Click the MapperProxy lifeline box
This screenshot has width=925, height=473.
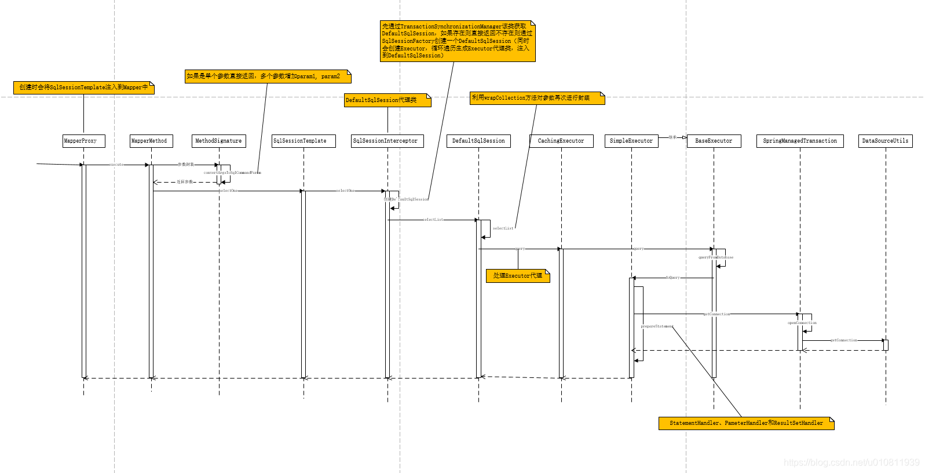click(x=83, y=141)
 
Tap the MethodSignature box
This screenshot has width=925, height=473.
click(x=219, y=141)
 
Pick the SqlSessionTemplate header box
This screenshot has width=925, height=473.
click(x=304, y=141)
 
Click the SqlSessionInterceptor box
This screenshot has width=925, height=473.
click(x=387, y=141)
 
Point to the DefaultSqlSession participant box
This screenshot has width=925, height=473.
click(x=478, y=141)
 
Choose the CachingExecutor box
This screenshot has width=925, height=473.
click(x=561, y=141)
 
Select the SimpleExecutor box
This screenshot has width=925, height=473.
click(x=631, y=141)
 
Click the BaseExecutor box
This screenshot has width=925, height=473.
click(x=714, y=141)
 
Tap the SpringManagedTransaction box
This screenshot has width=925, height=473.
click(x=800, y=141)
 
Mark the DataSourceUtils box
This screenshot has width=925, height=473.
click(x=885, y=141)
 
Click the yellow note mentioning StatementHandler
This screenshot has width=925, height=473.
click(x=746, y=423)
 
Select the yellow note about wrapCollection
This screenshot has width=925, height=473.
click(x=538, y=98)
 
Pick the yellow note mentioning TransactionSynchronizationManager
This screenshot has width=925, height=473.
click(x=457, y=41)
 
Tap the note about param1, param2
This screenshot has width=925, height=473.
click(x=268, y=77)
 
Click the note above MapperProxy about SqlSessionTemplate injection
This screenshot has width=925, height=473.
click(x=83, y=88)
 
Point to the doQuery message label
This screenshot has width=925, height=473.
click(x=672, y=278)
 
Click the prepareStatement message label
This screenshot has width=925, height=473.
click(x=657, y=326)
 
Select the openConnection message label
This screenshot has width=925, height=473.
click(x=802, y=323)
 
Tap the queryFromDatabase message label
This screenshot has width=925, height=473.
click(x=716, y=257)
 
